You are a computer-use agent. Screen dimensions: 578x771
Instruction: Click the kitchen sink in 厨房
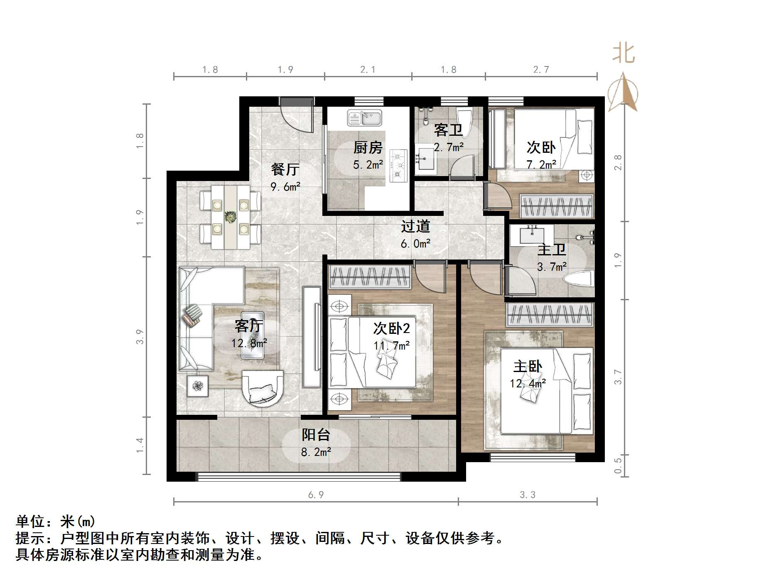tap(364, 118)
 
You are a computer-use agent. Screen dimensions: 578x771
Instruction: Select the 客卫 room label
tap(448, 130)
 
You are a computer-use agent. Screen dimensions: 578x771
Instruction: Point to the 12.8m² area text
tap(249, 343)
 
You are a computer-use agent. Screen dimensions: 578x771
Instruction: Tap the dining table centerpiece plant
tap(230, 216)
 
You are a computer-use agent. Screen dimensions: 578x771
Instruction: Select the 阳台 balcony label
tap(316, 435)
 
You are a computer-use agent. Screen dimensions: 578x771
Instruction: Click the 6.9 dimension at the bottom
tap(316, 495)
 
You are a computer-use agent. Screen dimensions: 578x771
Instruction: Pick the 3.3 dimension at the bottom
tap(528, 495)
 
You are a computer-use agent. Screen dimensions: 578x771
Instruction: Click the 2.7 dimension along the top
tap(541, 69)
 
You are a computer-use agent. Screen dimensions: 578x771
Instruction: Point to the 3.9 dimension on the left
tap(140, 336)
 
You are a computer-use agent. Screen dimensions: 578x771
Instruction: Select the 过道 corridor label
tap(415, 226)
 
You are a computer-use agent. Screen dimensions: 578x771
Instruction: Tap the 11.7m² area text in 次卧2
tap(392, 345)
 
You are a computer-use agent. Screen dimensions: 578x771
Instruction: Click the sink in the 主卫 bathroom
tap(532, 235)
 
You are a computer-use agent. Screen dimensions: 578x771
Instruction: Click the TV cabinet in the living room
tap(312, 336)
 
